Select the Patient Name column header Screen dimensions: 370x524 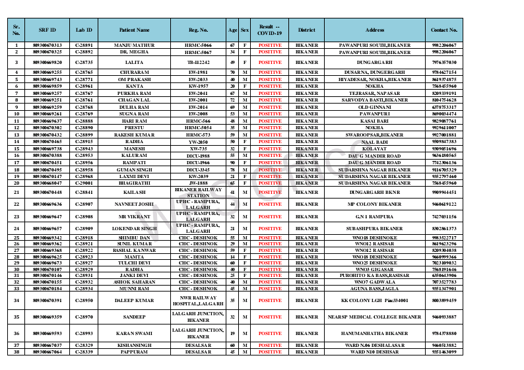point(134,30)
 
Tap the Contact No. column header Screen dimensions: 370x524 point(443,30)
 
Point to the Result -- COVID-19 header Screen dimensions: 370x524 point(269,30)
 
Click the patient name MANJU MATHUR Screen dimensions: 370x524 point(134,45)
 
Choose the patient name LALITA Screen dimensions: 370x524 point(134,61)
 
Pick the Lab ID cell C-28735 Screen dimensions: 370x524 point(84,61)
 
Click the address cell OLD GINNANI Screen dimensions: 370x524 point(374,107)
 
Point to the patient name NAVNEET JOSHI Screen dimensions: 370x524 point(134,204)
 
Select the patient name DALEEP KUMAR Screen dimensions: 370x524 point(134,300)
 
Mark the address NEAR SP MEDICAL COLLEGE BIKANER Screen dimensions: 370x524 point(374,317)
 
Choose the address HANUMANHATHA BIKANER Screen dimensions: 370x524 point(374,334)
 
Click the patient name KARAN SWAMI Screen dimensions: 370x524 point(134,334)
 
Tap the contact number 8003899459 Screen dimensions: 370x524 point(443,300)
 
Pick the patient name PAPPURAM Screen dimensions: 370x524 point(134,352)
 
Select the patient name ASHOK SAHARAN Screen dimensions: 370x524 point(134,282)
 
